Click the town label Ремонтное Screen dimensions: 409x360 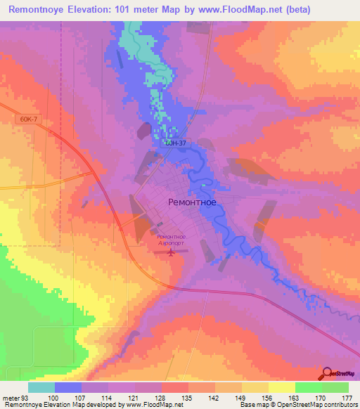pos(192,201)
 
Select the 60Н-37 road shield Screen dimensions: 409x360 pos(176,143)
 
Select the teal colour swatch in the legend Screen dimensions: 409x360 pos(41,388)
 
